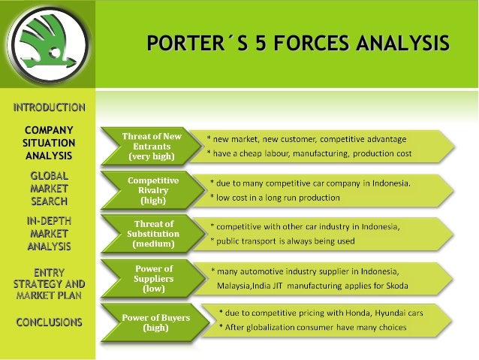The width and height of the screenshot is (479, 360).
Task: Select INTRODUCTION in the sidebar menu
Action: click(49, 107)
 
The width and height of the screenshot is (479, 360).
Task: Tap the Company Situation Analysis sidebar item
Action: click(49, 143)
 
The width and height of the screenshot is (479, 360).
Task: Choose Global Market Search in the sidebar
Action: click(49, 188)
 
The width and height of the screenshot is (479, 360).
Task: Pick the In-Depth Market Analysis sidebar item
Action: click(49, 233)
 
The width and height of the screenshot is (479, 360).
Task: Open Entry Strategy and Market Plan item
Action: click(49, 284)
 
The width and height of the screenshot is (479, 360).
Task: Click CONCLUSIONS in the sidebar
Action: click(49, 322)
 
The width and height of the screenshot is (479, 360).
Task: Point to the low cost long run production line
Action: click(276, 198)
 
